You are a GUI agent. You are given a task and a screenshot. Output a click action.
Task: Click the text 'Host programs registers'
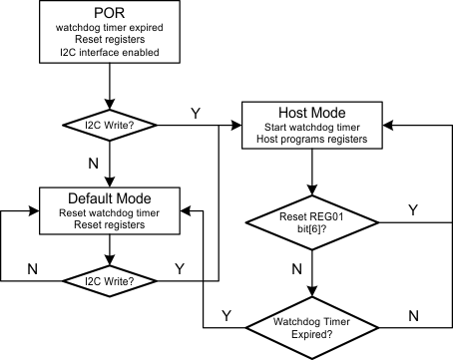314,142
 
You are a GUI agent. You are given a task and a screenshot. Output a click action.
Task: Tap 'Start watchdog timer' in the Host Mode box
314,128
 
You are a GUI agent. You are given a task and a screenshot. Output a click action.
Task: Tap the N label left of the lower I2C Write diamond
32,267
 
